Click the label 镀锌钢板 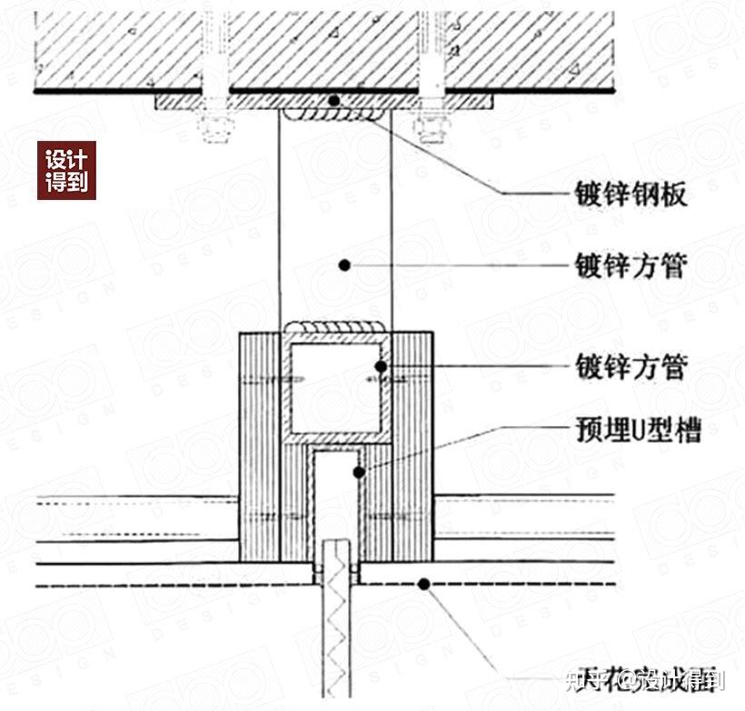tap(631, 194)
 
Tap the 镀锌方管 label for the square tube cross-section tap(631, 367)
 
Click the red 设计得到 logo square tap(66, 170)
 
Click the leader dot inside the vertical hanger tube tap(344, 265)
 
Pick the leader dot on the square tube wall tap(381, 366)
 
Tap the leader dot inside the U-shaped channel tap(360, 472)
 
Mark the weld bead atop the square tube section tap(335, 326)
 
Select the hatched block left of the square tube tap(260, 446)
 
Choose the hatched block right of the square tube tap(411, 446)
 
